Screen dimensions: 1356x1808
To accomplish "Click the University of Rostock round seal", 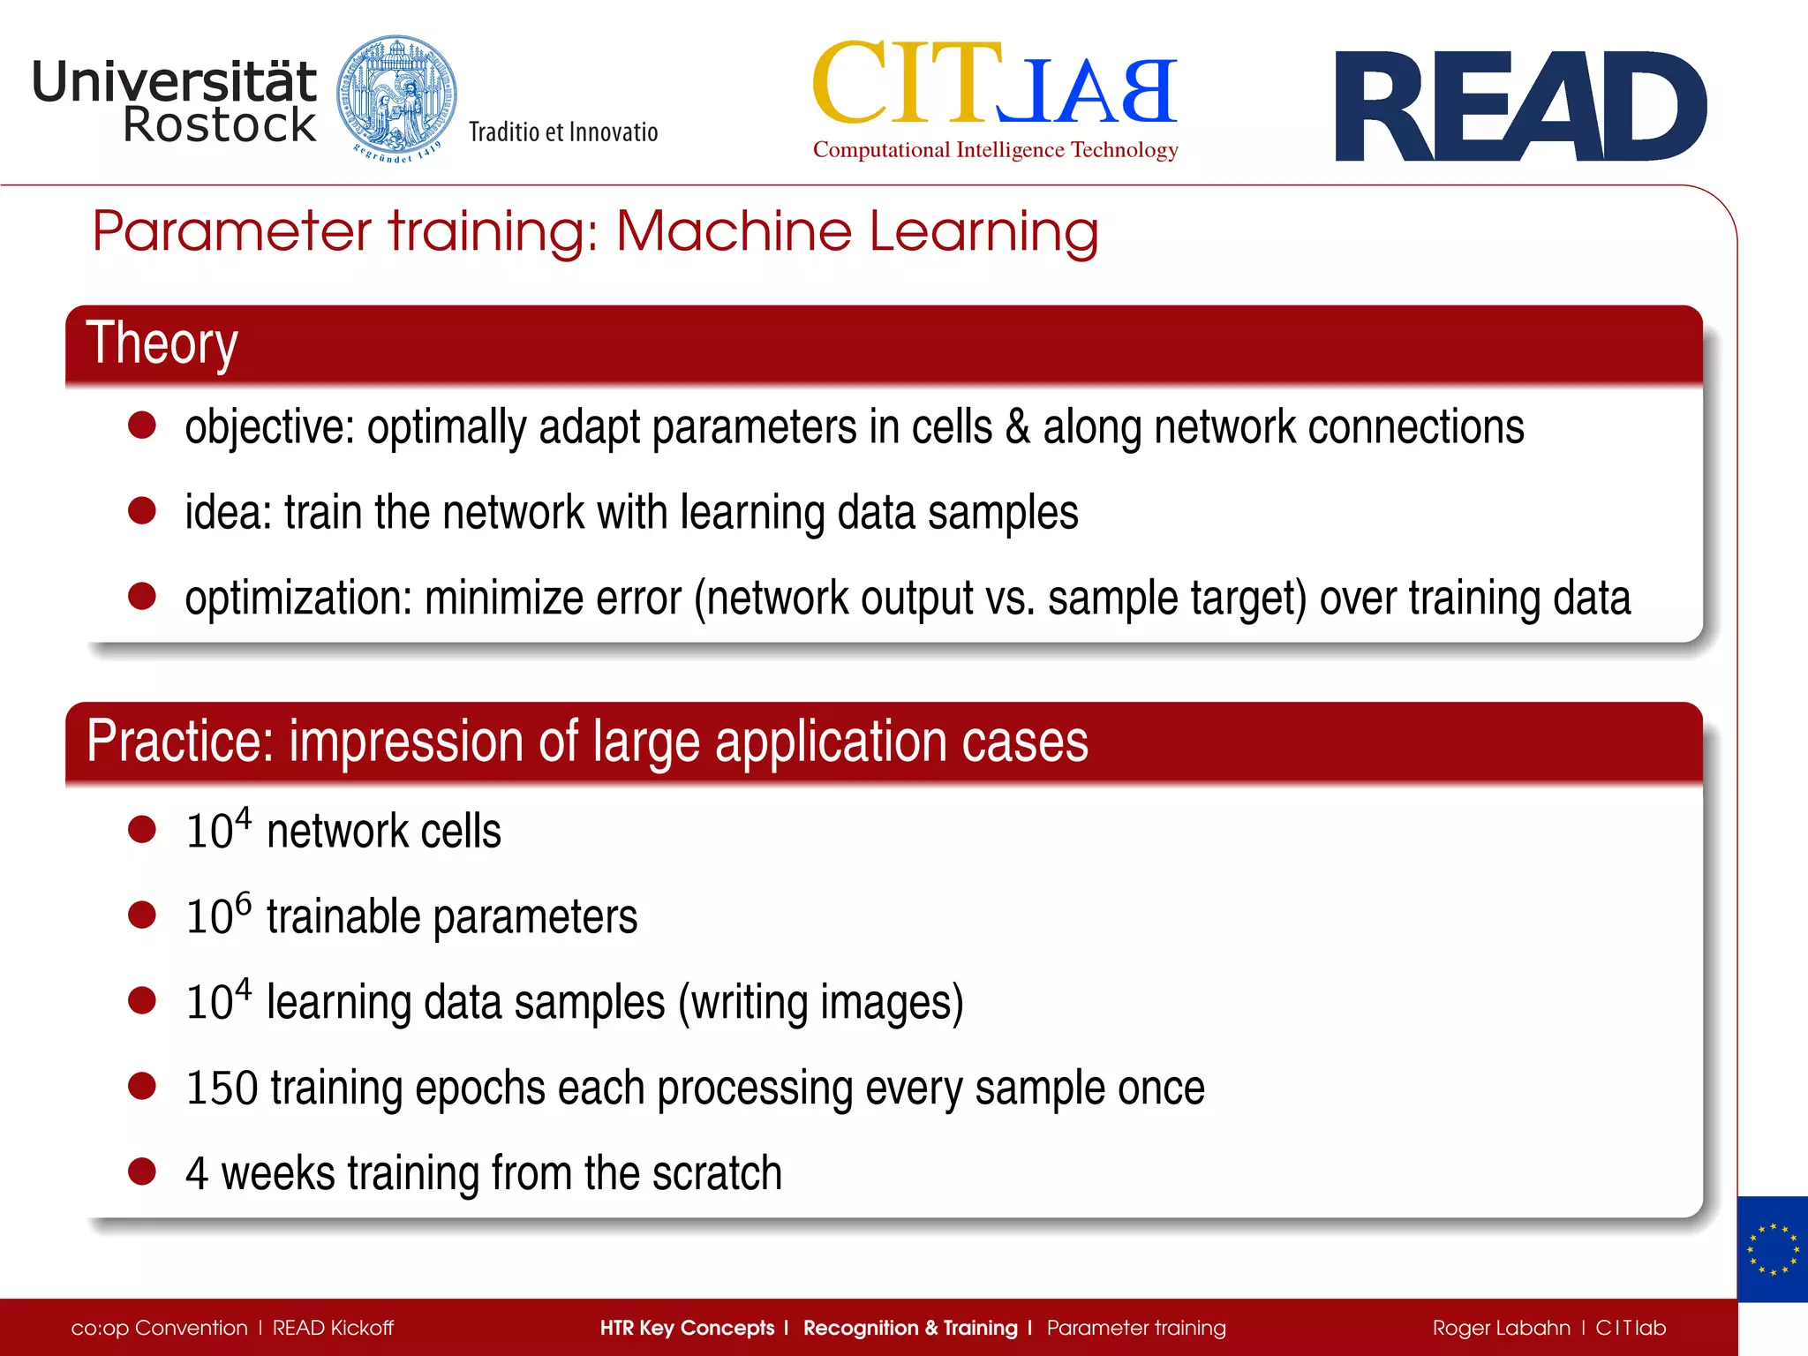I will coord(396,99).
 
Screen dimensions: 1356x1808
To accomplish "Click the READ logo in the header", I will coord(1519,107).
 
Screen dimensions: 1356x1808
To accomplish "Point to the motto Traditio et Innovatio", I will coord(563,132).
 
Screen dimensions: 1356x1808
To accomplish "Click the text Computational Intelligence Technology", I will coord(995,150).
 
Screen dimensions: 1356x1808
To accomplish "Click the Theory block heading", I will coord(162,343).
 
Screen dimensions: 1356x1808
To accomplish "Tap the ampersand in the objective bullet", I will coord(1018,427).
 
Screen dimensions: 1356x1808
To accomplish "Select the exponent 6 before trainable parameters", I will coord(243,903).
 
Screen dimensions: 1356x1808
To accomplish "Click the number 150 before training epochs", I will coord(222,1088).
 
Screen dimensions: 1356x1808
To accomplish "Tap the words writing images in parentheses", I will coord(820,1003).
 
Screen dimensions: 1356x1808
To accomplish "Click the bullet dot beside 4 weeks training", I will coord(142,1171).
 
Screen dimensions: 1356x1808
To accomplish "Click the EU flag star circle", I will coord(1772,1249).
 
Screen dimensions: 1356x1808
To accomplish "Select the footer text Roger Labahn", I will coord(1501,1328).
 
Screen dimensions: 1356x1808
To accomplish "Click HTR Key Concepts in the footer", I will coord(686,1328).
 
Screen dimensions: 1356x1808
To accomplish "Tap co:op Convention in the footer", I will coord(159,1328).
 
